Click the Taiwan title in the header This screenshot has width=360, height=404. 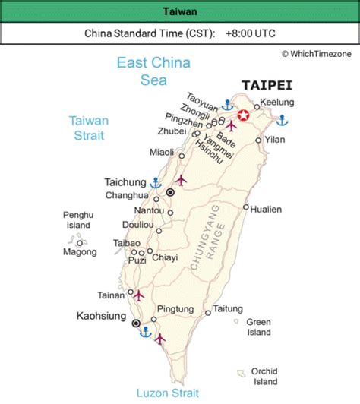tap(180, 11)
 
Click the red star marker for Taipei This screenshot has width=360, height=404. tap(243, 115)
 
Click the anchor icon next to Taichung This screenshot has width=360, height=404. tap(155, 182)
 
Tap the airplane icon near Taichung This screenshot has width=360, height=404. tap(181, 180)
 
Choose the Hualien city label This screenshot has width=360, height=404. tap(267, 209)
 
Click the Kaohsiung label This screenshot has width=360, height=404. tap(102, 314)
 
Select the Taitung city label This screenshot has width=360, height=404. tap(228, 308)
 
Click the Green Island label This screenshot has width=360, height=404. tap(258, 327)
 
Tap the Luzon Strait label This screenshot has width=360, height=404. tap(168, 393)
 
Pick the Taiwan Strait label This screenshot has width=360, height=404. tap(89, 128)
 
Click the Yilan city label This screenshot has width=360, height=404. tap(275, 140)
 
